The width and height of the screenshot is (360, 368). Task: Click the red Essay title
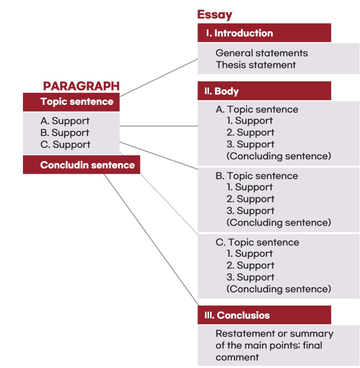[x=214, y=15]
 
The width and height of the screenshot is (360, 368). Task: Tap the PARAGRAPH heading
[x=81, y=86]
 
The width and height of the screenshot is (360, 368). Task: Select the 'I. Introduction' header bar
[x=264, y=33]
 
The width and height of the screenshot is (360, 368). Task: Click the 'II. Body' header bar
[x=264, y=91]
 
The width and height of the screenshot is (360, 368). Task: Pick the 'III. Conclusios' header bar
[x=264, y=315]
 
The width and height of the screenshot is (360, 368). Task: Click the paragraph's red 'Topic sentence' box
[x=71, y=102]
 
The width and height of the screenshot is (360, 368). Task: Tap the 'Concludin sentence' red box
[x=81, y=165]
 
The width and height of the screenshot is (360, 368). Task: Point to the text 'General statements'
[x=262, y=53]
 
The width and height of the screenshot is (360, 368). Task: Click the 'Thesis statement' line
[x=256, y=65]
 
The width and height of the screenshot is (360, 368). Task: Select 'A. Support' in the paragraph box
[x=65, y=121]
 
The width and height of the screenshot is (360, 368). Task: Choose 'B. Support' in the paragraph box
[x=65, y=133]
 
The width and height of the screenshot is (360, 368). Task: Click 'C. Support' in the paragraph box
[x=65, y=145]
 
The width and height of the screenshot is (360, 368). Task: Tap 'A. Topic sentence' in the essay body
[x=257, y=109]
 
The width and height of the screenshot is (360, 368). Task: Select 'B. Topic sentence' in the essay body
[x=257, y=176]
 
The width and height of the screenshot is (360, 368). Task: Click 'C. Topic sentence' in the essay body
[x=257, y=243]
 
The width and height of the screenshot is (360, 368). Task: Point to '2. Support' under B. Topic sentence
[x=250, y=199]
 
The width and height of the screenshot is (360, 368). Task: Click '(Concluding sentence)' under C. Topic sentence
[x=279, y=289]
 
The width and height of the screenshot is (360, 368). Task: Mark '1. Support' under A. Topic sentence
[x=250, y=121]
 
